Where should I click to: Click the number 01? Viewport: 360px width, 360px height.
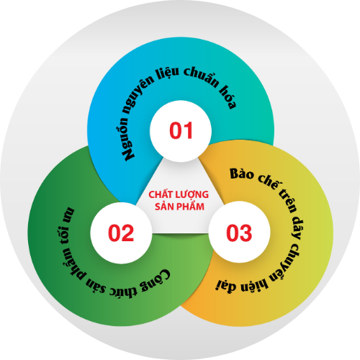click(x=181, y=130)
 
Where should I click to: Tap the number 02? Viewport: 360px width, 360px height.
click(x=121, y=233)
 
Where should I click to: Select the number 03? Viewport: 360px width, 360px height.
click(x=239, y=233)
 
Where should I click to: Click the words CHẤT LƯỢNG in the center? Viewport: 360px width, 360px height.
click(x=179, y=194)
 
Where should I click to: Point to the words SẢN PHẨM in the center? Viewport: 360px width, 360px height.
click(x=179, y=206)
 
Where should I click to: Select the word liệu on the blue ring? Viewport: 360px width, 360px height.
click(x=168, y=73)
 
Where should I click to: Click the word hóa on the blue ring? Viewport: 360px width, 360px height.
click(x=228, y=98)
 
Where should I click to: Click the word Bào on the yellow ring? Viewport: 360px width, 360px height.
click(x=241, y=174)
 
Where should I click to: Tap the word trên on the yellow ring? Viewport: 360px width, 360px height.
click(x=287, y=200)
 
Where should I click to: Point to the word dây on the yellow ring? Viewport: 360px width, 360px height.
click(x=297, y=228)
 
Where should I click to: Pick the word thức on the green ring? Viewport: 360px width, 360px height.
click(x=123, y=291)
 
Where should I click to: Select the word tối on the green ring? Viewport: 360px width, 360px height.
click(x=62, y=235)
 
